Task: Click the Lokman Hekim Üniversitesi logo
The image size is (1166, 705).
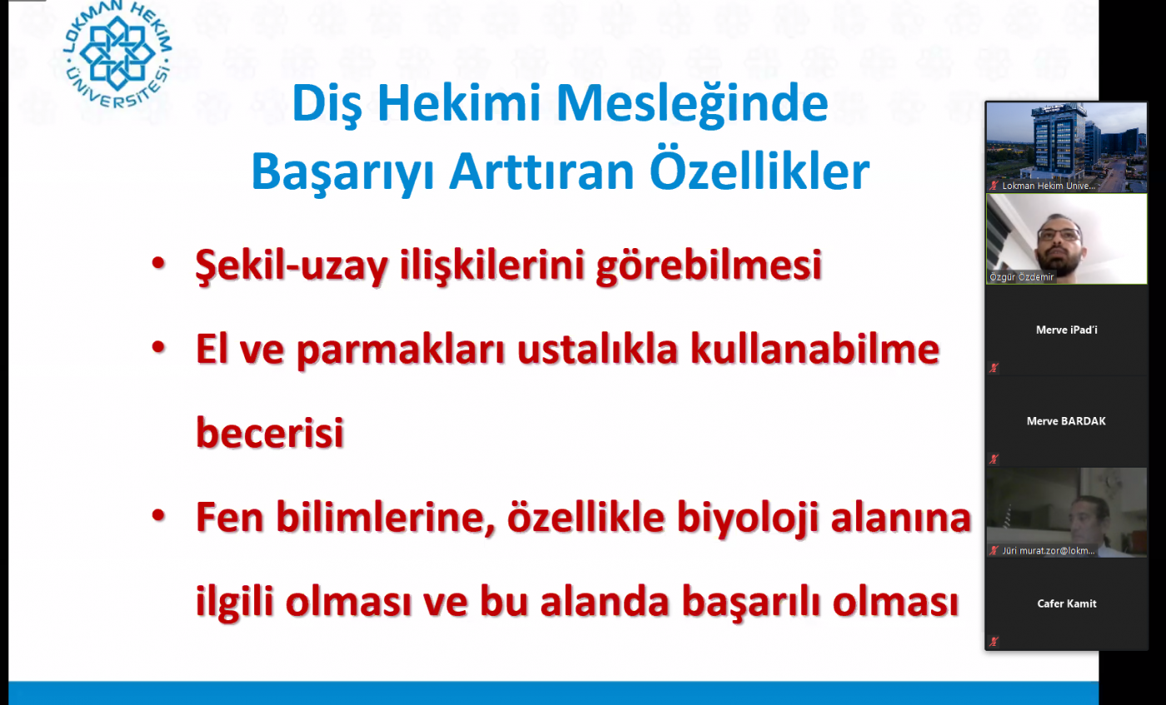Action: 117,53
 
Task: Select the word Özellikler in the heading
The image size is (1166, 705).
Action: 760,169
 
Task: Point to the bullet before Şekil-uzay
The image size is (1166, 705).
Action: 158,263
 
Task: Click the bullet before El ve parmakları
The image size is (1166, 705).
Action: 158,347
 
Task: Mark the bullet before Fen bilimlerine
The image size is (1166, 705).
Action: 158,515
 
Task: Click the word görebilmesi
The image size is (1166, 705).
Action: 709,266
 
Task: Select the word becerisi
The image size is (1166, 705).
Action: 270,432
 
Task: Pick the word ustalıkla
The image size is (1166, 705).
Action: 598,349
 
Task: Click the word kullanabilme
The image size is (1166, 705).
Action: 815,349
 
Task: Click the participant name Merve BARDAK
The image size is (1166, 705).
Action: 1066,421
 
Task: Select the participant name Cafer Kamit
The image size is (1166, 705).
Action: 1067,603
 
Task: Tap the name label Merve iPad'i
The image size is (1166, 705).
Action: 1067,330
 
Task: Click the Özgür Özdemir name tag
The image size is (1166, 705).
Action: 1021,277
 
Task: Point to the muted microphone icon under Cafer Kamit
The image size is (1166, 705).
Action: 994,642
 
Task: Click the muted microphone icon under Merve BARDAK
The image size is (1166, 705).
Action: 994,459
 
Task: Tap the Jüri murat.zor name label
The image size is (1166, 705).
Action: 1049,550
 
